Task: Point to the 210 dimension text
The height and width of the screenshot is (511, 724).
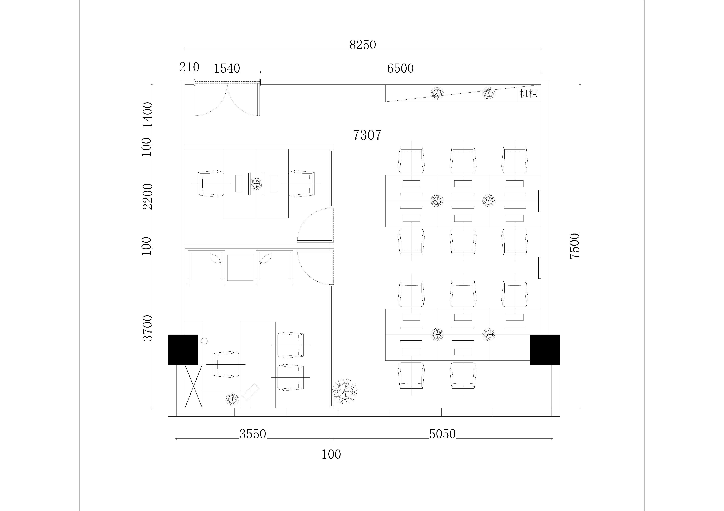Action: coord(190,67)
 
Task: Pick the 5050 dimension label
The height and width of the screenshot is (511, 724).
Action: coord(442,434)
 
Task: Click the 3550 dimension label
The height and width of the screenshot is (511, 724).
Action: coord(253,434)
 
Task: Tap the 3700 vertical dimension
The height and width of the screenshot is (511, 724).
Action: coord(148,328)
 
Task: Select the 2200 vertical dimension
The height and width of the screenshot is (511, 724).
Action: coord(148,197)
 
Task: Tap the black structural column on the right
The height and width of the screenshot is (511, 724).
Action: coord(545,350)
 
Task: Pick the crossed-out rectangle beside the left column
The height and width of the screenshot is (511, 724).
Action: coord(193,386)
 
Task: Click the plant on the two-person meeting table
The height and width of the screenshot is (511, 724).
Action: coord(256,183)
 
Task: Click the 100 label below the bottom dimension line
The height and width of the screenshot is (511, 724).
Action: coord(331,454)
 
